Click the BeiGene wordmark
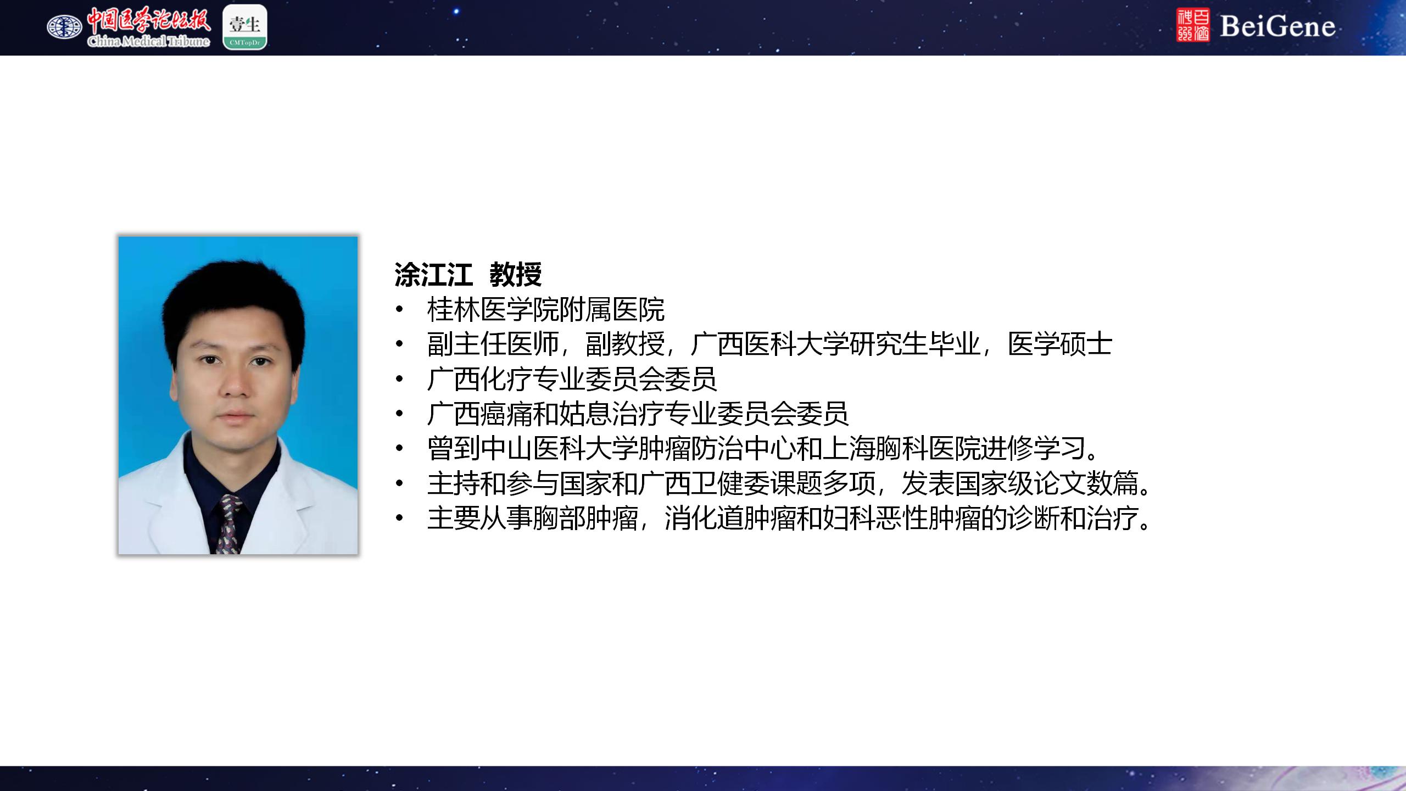tap(1277, 26)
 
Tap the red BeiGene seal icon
tap(1193, 25)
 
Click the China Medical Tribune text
tap(148, 42)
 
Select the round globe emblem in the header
tap(64, 26)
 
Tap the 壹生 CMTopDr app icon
tap(245, 27)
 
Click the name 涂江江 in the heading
tap(434, 275)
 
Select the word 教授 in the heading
tap(516, 275)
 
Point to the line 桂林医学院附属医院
tap(546, 310)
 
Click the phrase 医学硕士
tap(1060, 344)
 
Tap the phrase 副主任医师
tap(493, 344)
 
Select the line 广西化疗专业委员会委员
tap(572, 379)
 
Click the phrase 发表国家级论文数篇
tap(1020, 483)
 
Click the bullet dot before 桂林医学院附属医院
tap(399, 310)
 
